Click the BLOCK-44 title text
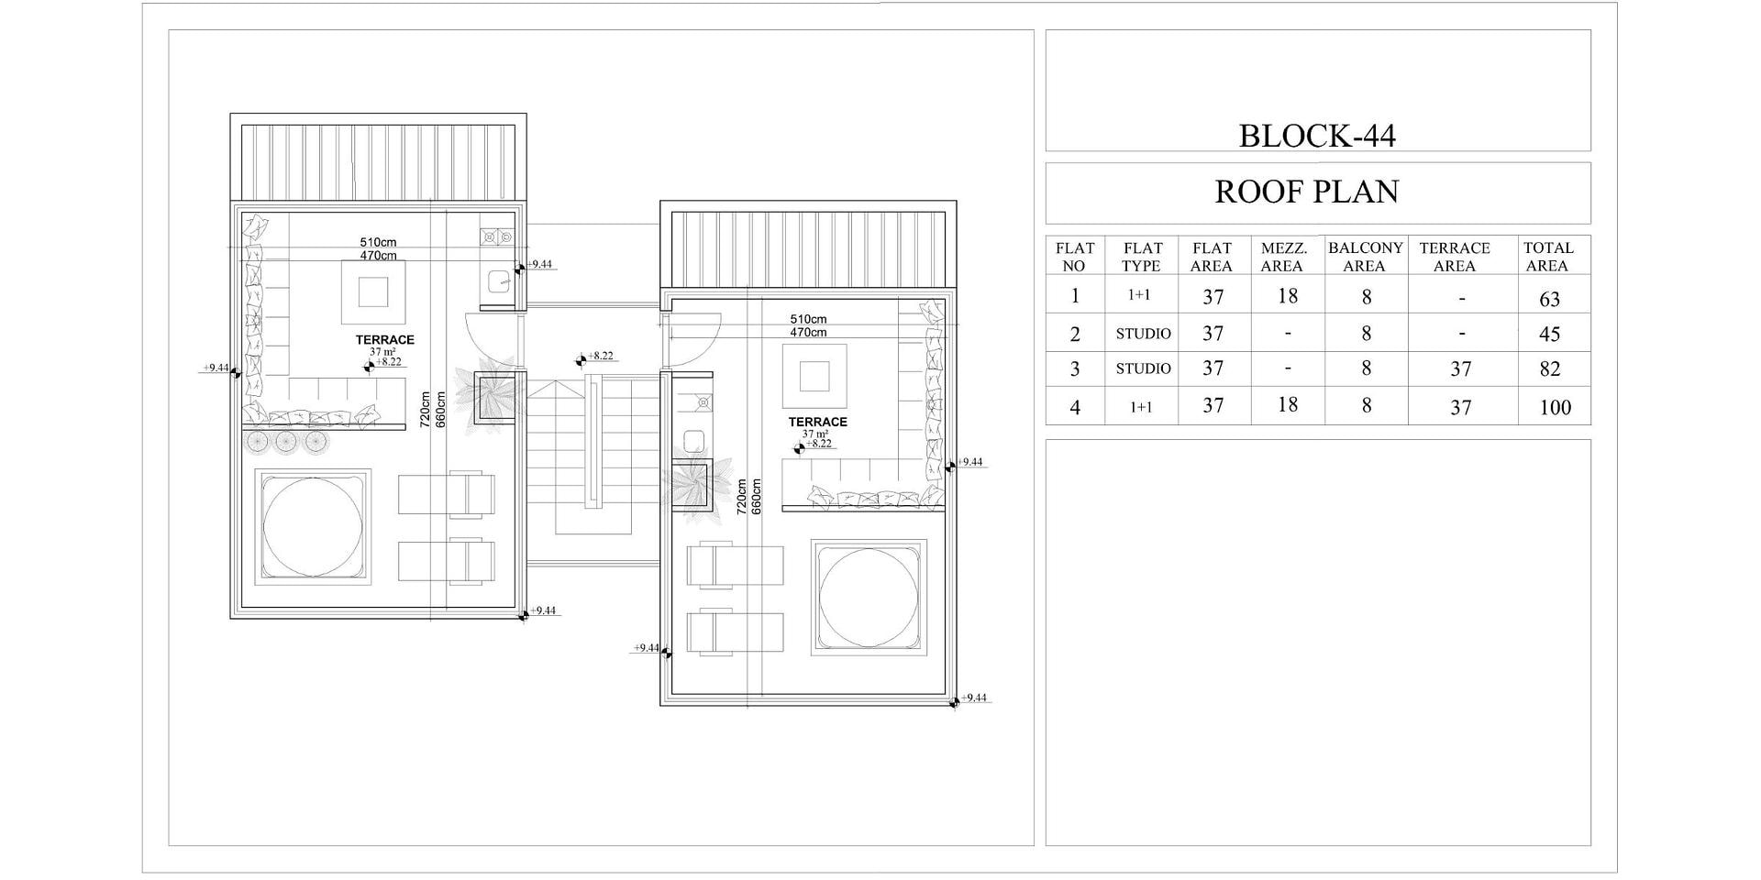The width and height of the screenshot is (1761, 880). (x=1317, y=136)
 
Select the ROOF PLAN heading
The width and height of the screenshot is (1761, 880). (x=1307, y=192)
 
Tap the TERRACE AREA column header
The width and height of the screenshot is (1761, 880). (x=1455, y=257)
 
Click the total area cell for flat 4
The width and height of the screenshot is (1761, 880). (x=1556, y=407)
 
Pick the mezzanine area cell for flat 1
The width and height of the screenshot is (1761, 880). (x=1288, y=296)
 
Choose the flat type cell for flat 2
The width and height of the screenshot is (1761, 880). (x=1143, y=334)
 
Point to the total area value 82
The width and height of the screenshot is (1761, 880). (x=1550, y=368)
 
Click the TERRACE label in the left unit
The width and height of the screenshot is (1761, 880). (x=385, y=340)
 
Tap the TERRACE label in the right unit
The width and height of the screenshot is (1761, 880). (x=818, y=423)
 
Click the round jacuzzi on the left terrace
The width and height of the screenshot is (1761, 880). (x=313, y=527)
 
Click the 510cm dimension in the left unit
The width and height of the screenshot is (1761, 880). (x=378, y=243)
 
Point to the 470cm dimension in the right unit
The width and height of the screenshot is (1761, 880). (x=808, y=332)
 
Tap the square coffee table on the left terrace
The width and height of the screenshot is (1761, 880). (x=373, y=292)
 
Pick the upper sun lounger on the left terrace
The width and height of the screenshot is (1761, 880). (x=447, y=494)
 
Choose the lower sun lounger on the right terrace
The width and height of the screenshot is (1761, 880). (x=736, y=633)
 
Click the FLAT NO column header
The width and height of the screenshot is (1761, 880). (x=1074, y=257)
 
